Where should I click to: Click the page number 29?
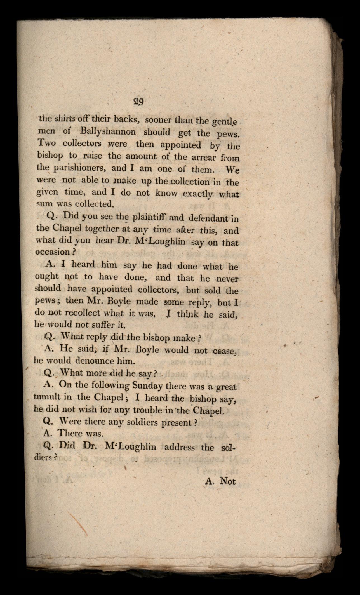pos(138,101)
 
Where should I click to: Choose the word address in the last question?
pos(179,447)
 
